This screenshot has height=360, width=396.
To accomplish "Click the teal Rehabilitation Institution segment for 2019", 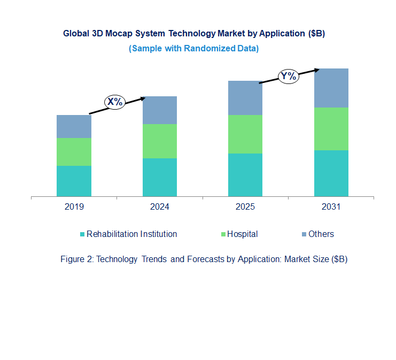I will [x=74, y=181].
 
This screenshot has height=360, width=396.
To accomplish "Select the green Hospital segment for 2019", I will [x=74, y=152].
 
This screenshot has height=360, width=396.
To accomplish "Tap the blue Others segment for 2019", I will [x=74, y=126].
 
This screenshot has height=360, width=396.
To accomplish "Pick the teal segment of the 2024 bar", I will [x=159, y=177].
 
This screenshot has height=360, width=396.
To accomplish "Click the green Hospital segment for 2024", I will [x=159, y=141].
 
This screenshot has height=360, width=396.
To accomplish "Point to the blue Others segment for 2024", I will [x=159, y=110].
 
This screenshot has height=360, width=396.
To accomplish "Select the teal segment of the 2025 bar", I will [x=245, y=175].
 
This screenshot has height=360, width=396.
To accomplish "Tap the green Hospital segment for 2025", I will [x=245, y=134].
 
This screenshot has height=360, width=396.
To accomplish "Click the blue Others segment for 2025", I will [x=245, y=98].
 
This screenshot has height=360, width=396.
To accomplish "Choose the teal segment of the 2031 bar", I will [x=331, y=173].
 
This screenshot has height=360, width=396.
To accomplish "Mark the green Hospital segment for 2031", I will [x=331, y=129].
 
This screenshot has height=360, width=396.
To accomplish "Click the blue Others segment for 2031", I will [x=331, y=88].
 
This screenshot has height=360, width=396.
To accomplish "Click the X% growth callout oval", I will [x=114, y=102].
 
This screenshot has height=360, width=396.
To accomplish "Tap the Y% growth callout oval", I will [x=288, y=76].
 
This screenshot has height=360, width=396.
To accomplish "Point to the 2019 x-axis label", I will [x=74, y=207].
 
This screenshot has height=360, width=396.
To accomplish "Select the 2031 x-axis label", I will [x=331, y=207].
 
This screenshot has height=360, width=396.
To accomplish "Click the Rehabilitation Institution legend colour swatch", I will [x=82, y=234].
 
